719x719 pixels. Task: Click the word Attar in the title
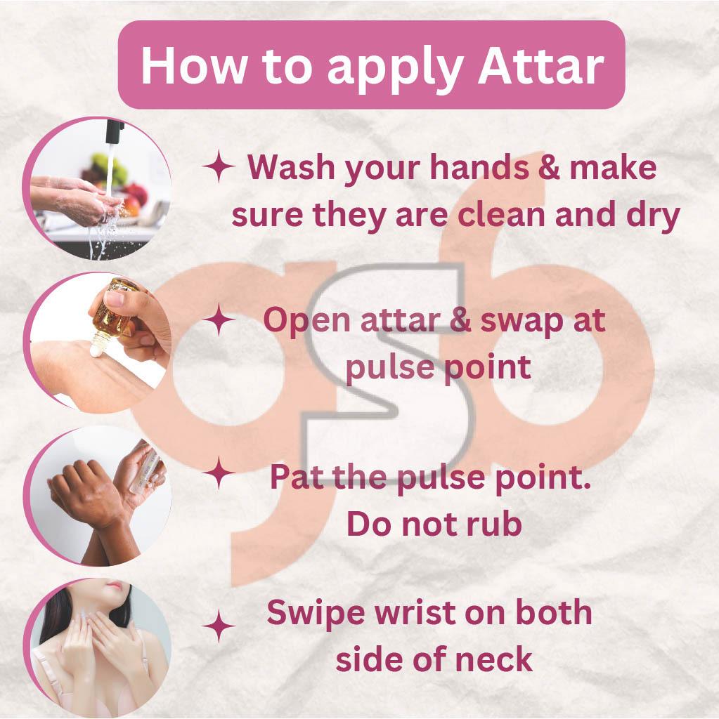point(541,65)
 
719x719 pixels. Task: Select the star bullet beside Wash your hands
point(219,166)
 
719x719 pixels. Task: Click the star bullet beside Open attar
point(219,319)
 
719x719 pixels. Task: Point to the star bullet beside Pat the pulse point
point(219,473)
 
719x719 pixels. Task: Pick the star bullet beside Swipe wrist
point(219,626)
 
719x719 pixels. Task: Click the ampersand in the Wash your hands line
point(549,167)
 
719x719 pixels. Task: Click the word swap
point(521,321)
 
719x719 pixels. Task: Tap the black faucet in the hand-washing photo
point(115,132)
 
